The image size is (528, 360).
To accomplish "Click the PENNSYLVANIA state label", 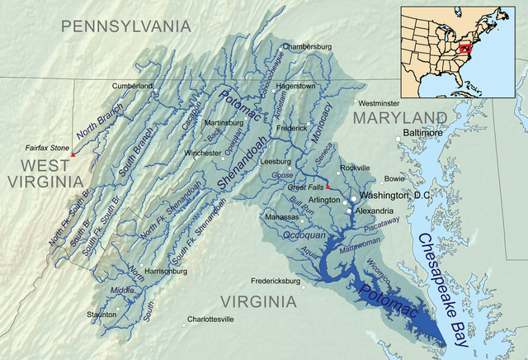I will click(131, 26).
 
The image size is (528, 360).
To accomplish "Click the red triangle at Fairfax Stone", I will click(73, 154).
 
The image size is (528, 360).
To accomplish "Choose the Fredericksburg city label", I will click(266, 280).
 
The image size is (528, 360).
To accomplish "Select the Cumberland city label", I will click(134, 85).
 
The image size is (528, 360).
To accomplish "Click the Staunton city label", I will click(101, 315).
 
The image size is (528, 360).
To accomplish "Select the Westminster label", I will click(381, 103).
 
